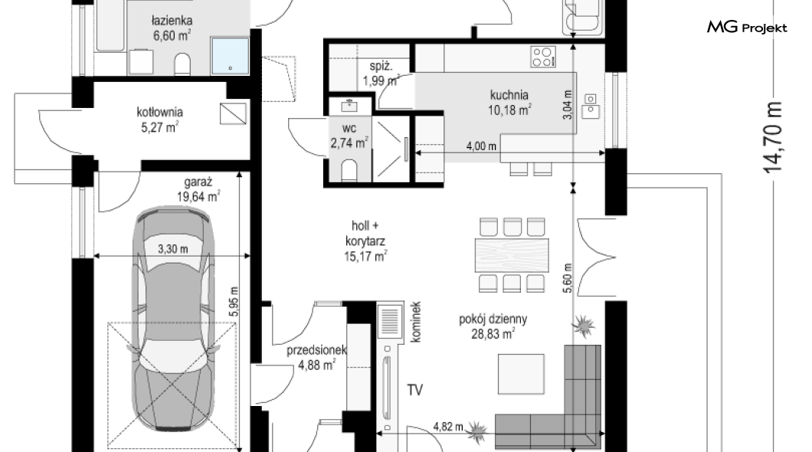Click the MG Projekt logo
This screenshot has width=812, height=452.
pyautogui.click(x=747, y=28)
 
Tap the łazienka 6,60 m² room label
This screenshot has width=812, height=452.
pyautogui.click(x=172, y=28)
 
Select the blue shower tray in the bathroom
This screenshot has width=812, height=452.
pyautogui.click(x=230, y=56)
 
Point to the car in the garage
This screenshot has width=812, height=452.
pyautogui.click(x=173, y=319)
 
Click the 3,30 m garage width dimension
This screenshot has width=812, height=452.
pyautogui.click(x=173, y=249)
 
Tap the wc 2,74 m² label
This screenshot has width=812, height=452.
pyautogui.click(x=349, y=136)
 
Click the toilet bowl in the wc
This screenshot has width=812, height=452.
pyautogui.click(x=349, y=170)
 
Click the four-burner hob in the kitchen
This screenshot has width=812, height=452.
pyautogui.click(x=543, y=57)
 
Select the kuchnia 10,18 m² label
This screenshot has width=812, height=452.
pyautogui.click(x=509, y=102)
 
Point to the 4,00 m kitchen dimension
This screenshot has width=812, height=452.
pyautogui.click(x=481, y=146)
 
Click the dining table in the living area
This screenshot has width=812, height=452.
pyautogui.click(x=512, y=255)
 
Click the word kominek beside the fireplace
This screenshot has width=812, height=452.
pyautogui.click(x=415, y=322)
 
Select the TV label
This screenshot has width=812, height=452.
pyautogui.click(x=414, y=390)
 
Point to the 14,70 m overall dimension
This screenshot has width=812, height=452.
pyautogui.click(x=772, y=137)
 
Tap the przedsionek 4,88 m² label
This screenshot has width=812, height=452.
pyautogui.click(x=316, y=358)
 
